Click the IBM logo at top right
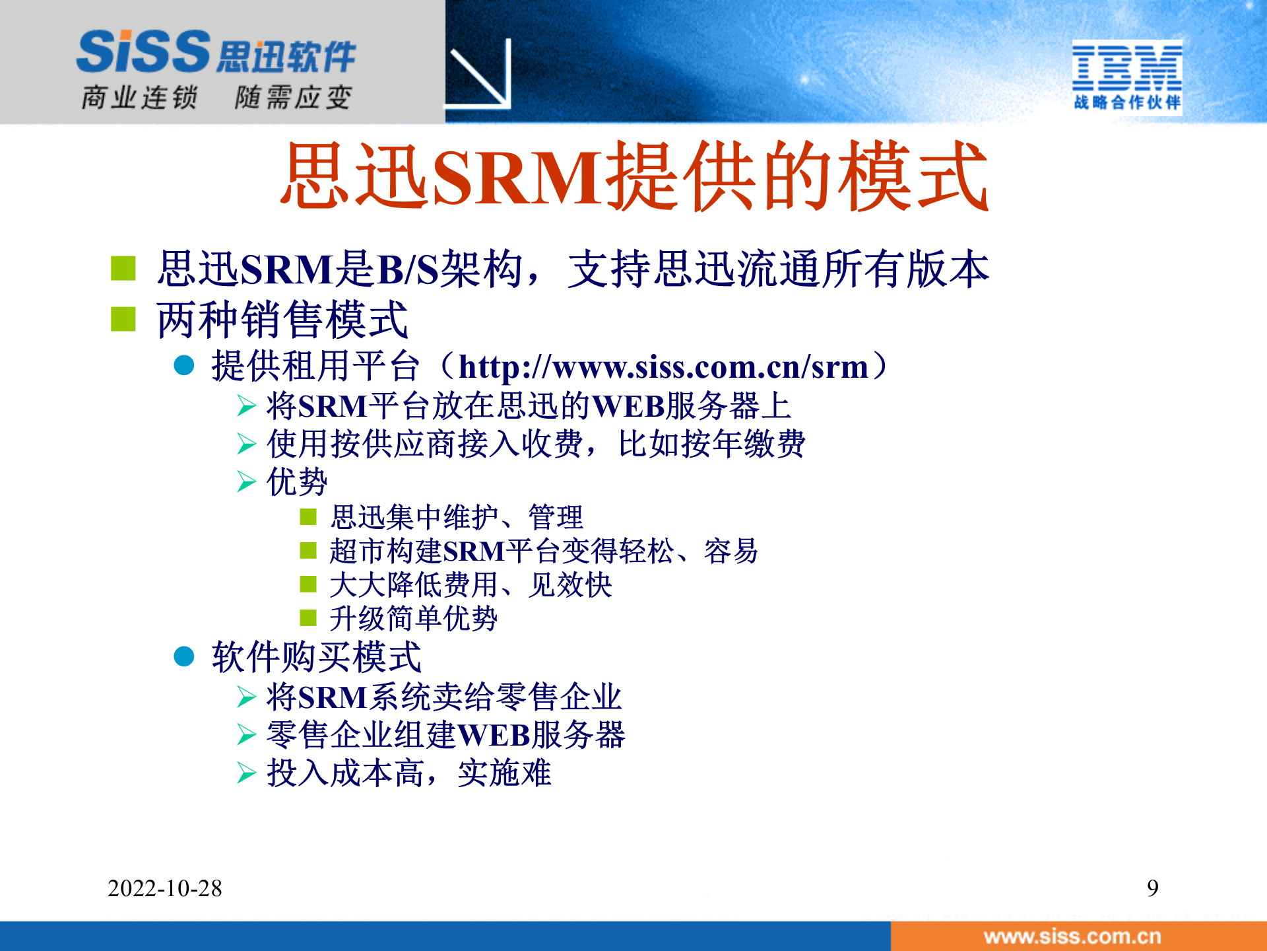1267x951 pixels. click(x=1126, y=67)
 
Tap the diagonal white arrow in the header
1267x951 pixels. click(x=480, y=75)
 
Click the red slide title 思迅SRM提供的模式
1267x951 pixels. click(x=633, y=177)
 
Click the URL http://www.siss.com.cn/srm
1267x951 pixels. click(x=663, y=367)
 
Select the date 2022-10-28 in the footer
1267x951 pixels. click(x=165, y=888)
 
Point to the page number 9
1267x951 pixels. click(x=1152, y=888)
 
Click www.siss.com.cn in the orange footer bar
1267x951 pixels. click(x=1072, y=936)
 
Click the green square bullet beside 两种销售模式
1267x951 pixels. click(x=123, y=320)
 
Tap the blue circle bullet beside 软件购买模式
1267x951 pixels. click(x=184, y=656)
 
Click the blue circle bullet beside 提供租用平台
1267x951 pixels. click(x=184, y=366)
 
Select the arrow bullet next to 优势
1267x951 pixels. click(x=246, y=481)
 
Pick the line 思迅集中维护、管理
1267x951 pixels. click(x=457, y=517)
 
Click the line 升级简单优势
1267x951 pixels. click(x=413, y=619)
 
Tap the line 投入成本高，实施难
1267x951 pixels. click(x=409, y=773)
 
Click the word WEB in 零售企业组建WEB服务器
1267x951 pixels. click(x=494, y=735)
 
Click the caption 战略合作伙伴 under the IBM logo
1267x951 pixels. click(x=1126, y=102)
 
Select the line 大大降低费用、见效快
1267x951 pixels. click(x=471, y=585)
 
